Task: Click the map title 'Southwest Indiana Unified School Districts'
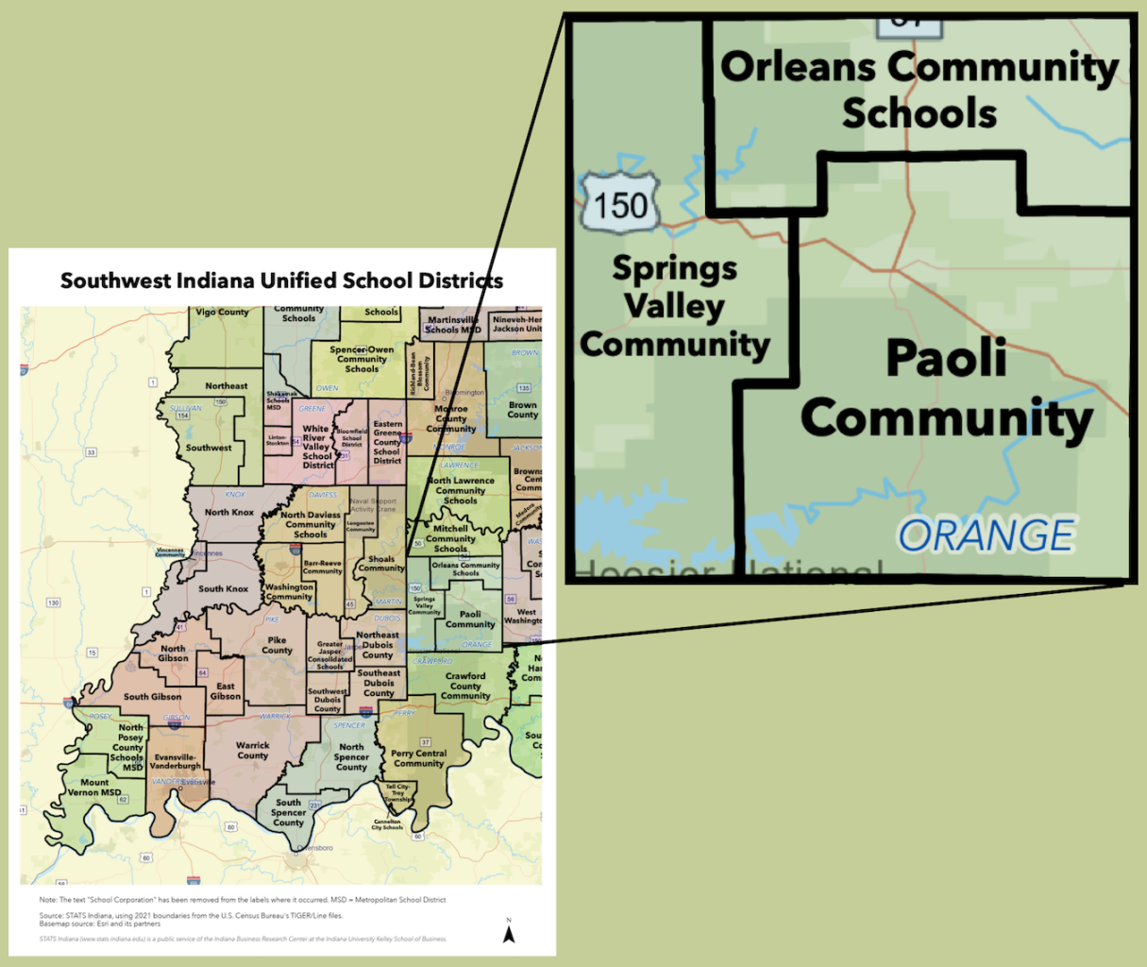(281, 280)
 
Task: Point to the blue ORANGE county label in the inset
(986, 535)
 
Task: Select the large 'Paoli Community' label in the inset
(947, 388)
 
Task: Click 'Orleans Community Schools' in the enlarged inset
(919, 90)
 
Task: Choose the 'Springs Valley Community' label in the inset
(675, 306)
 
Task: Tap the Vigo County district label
(222, 312)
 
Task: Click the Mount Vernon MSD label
(94, 788)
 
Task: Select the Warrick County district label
(252, 751)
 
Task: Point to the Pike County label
(277, 645)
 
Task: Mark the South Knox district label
(223, 588)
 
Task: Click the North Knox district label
(229, 512)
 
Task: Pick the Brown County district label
(522, 410)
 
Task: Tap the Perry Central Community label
(418, 758)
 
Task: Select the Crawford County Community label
(465, 687)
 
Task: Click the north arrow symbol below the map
(509, 933)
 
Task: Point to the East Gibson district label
(226, 691)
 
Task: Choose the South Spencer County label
(288, 812)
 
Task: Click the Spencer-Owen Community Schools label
(362, 359)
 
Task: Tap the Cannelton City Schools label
(387, 824)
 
